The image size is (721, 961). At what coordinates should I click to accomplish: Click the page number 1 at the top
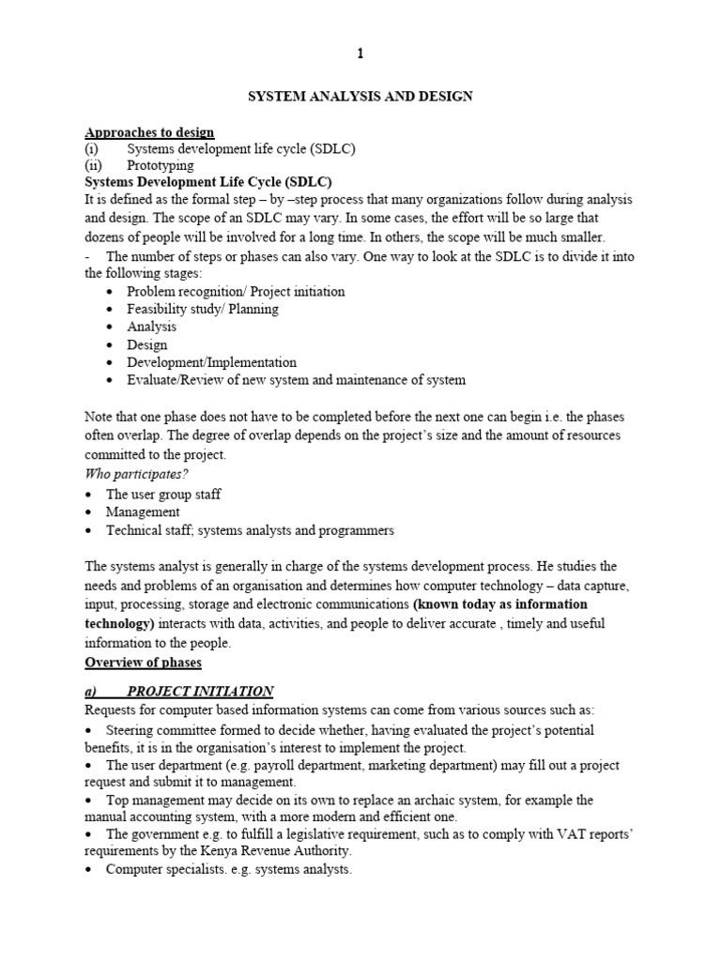coord(360,54)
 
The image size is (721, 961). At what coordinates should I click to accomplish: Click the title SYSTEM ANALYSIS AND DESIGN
coord(360,96)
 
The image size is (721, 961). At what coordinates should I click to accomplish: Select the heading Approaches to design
coord(149,131)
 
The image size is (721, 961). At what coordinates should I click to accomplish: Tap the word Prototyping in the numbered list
coord(161,165)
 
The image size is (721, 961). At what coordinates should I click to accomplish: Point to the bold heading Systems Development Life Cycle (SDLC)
coord(208,182)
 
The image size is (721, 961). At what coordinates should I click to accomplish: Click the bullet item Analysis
coord(152,327)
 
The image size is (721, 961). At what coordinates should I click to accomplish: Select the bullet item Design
coord(147,344)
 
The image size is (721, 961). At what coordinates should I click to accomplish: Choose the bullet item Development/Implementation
coord(212,362)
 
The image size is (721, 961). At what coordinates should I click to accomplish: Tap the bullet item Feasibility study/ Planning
coord(204,309)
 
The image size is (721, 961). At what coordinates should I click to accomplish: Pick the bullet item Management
coord(143,512)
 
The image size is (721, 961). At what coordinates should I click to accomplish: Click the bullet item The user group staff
coord(163,494)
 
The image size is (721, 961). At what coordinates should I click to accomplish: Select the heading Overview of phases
coord(143,663)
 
